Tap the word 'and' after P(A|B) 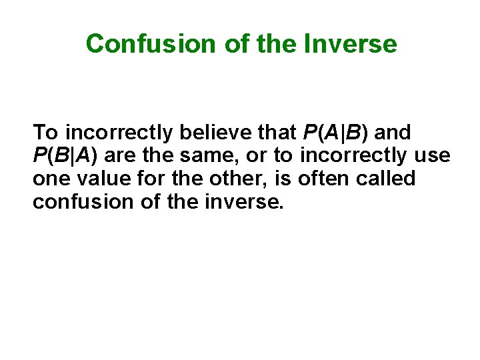(x=394, y=133)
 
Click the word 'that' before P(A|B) (x=280, y=133)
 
